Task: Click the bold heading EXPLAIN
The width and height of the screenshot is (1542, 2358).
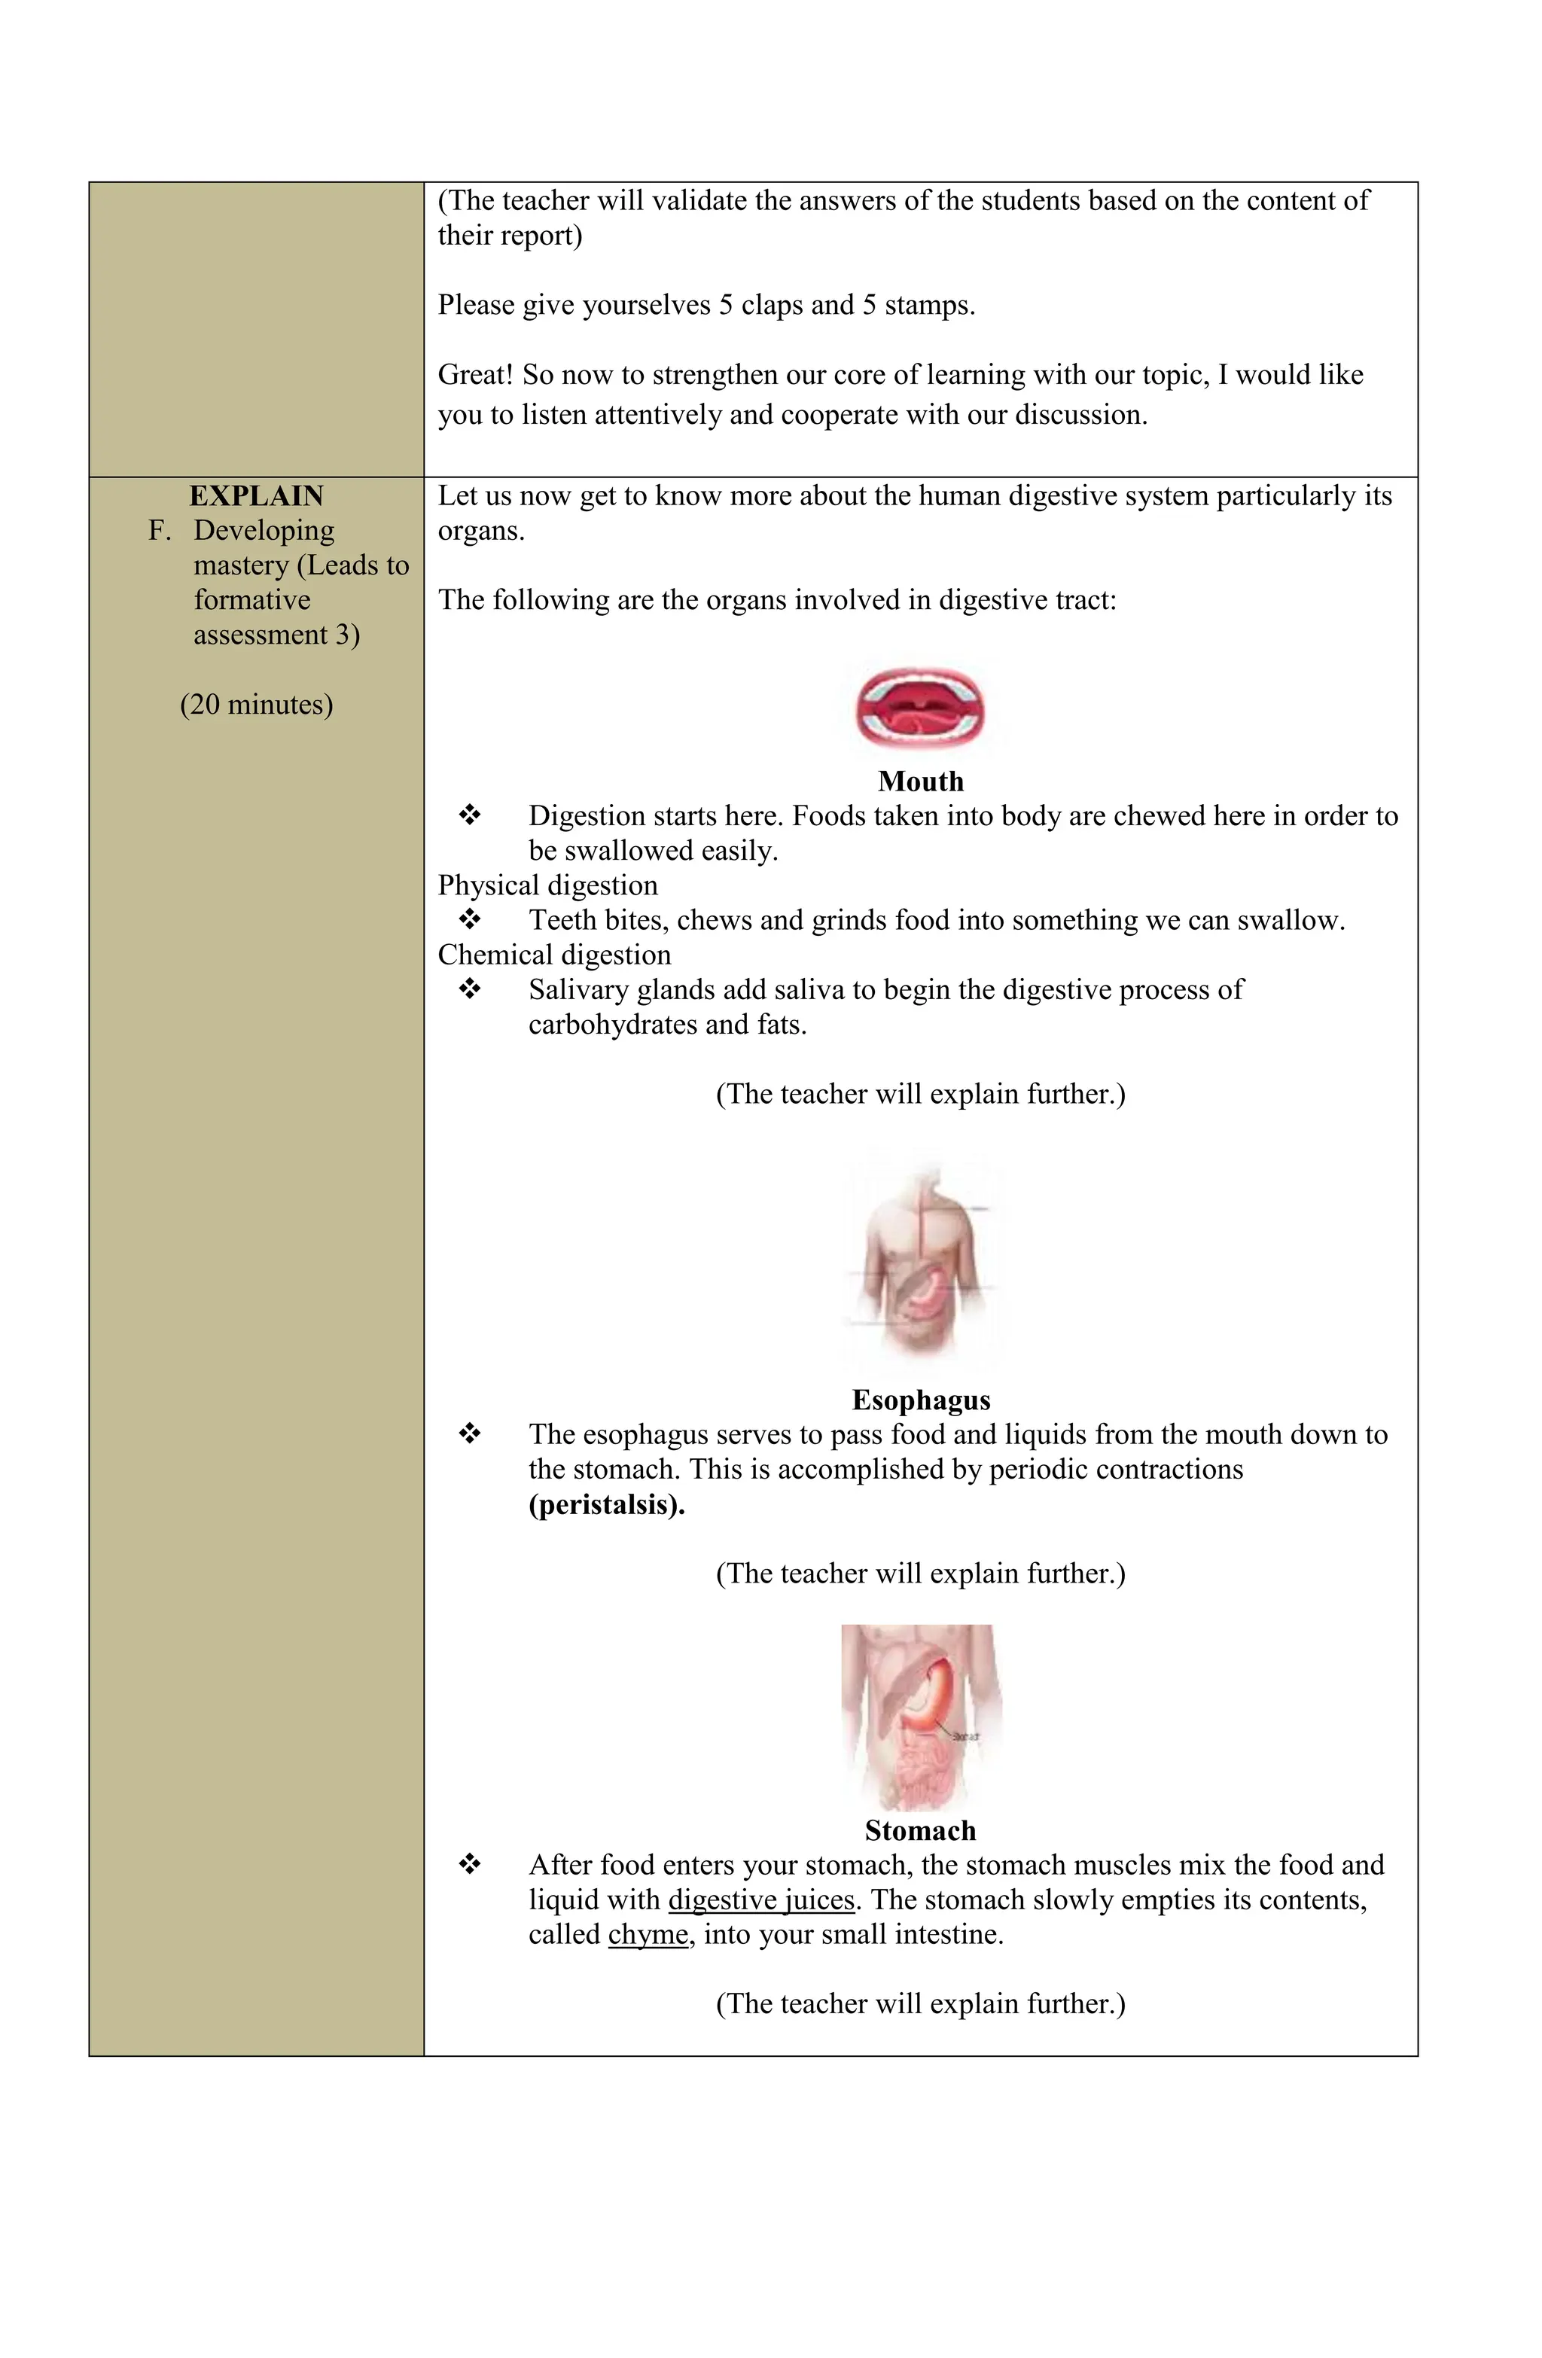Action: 256,495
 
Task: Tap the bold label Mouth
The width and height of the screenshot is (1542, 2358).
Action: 919,781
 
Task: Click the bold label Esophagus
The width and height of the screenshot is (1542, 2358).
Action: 919,1400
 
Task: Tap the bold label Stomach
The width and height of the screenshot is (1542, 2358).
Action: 919,1830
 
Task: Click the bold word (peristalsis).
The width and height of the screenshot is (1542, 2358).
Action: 607,1504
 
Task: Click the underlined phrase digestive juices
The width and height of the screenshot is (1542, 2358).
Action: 761,1899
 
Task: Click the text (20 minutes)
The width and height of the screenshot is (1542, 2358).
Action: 256,705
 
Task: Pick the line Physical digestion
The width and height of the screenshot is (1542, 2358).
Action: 547,885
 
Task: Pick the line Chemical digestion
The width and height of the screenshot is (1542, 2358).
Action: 554,954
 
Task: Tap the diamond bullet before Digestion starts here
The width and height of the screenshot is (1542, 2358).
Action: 470,815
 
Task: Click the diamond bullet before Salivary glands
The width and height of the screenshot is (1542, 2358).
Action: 470,989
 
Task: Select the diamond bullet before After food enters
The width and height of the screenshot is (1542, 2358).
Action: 470,1865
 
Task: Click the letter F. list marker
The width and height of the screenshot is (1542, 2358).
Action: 160,531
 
